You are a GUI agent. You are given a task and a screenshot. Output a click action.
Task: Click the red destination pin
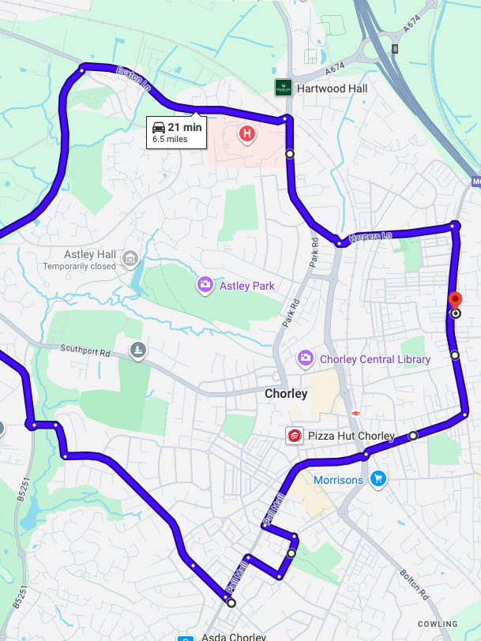pyautogui.click(x=455, y=302)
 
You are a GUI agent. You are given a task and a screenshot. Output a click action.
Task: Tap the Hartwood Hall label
pyautogui.click(x=332, y=88)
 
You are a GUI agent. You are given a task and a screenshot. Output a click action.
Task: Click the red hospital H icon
pyautogui.click(x=247, y=134)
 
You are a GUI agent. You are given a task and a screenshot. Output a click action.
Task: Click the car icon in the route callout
pyautogui.click(x=158, y=127)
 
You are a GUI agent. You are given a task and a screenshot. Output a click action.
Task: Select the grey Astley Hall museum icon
pyautogui.click(x=130, y=258)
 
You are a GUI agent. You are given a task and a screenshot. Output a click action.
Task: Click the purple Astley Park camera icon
pyautogui.click(x=205, y=284)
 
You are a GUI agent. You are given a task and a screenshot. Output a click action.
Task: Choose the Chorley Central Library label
pyautogui.click(x=375, y=359)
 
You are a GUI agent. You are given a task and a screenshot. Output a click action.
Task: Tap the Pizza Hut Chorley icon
pyautogui.click(x=295, y=436)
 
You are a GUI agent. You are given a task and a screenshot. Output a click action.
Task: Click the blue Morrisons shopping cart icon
pyautogui.click(x=378, y=478)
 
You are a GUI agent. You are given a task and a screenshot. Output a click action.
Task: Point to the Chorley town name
pyautogui.click(x=286, y=393)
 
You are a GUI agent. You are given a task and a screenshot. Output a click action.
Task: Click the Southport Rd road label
pyautogui.click(x=85, y=348)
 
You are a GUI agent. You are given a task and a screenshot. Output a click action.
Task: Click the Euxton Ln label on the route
pyautogui.click(x=133, y=78)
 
